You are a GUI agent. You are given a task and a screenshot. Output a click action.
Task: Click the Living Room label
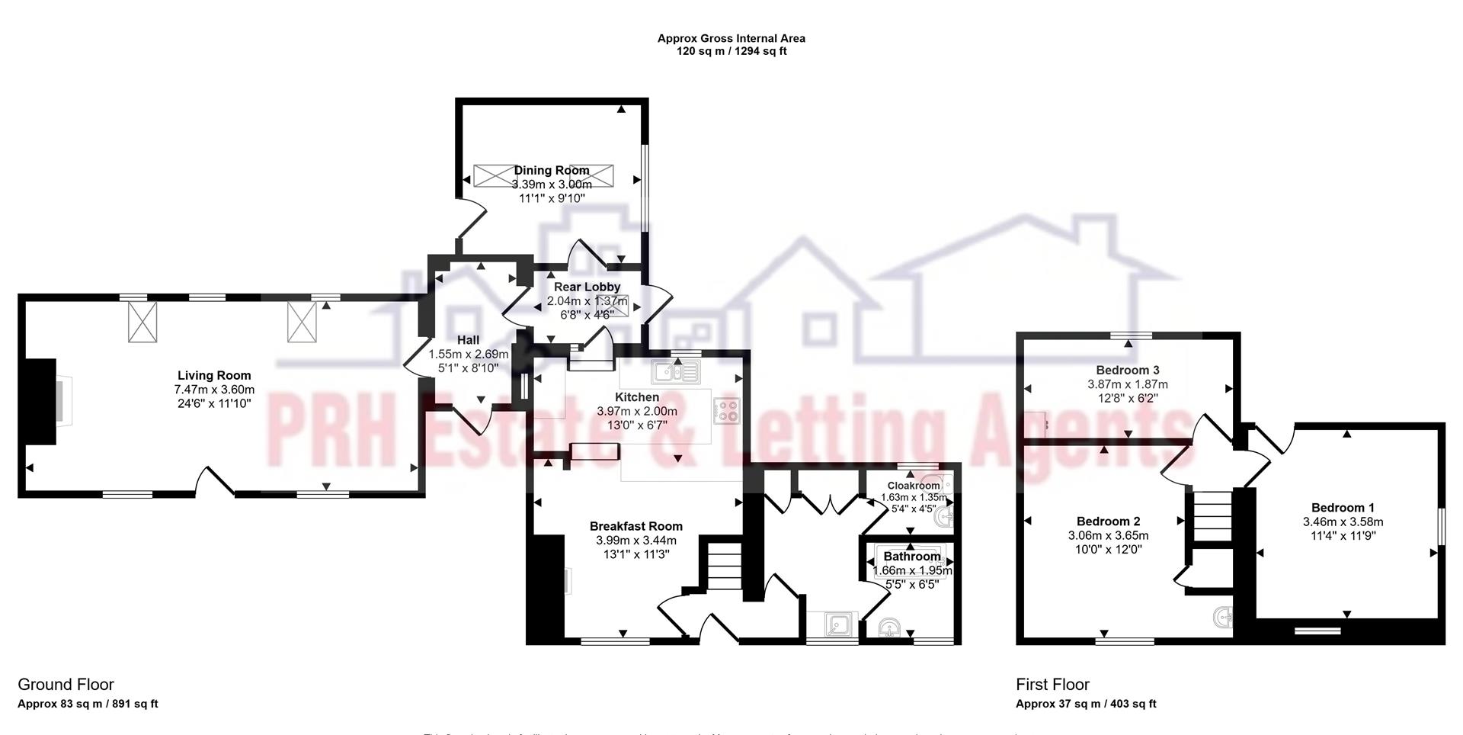tap(214, 375)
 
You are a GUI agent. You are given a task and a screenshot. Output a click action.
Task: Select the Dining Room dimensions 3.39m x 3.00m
tap(552, 185)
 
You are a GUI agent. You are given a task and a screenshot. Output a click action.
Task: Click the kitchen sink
tap(676, 372)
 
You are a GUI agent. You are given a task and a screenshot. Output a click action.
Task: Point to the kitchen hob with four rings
tap(727, 412)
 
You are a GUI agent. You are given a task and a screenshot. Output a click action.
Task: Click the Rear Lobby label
tap(587, 287)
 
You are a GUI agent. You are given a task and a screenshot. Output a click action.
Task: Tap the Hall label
tap(468, 340)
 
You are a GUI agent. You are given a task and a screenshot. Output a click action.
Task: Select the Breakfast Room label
tap(636, 526)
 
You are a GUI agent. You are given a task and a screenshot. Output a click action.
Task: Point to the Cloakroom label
tap(914, 486)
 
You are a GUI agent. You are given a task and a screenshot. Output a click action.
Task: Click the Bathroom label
tap(912, 557)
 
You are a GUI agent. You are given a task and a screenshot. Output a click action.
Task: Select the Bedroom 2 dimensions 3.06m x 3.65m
tap(1109, 535)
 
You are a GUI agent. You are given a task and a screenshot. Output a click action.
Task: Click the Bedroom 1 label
tap(1343, 508)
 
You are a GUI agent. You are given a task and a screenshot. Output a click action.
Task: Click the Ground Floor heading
tap(66, 685)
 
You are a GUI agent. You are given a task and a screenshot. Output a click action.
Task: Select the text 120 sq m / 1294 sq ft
tap(731, 52)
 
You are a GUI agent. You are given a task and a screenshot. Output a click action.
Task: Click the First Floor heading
tap(1052, 685)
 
